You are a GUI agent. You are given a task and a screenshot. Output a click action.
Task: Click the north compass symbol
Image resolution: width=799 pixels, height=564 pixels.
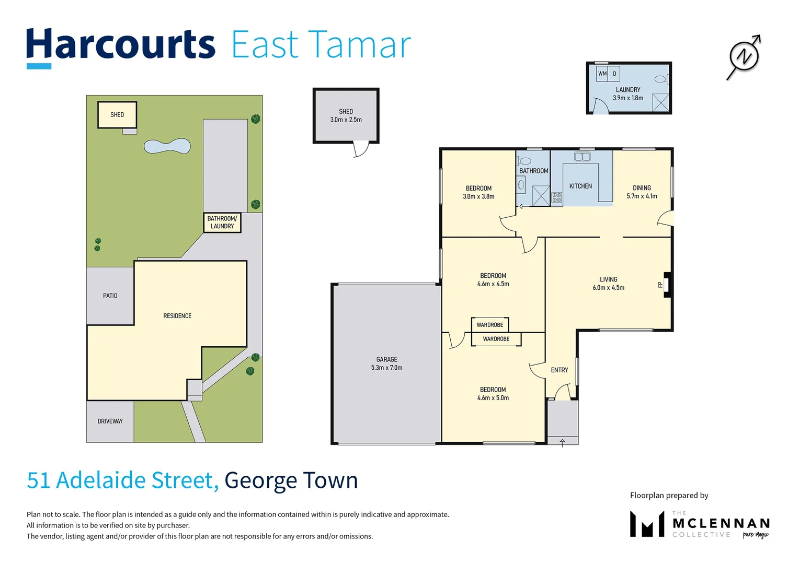point(744,56)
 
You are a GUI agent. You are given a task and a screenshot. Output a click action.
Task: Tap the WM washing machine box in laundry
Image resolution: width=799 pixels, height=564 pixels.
point(602,74)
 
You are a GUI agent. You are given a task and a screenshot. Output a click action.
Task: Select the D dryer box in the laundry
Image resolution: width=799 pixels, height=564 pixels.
point(614,74)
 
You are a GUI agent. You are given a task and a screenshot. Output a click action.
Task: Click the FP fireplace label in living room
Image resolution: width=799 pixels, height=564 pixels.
point(660,285)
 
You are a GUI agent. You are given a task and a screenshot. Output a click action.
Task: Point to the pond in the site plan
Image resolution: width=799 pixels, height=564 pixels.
point(167,146)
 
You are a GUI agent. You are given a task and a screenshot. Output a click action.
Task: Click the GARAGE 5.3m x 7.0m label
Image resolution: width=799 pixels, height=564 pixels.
point(386,363)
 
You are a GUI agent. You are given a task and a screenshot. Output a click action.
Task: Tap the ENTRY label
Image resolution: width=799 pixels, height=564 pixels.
point(559,370)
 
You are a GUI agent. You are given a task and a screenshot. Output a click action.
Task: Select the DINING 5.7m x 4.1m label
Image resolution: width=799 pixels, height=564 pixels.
point(642,192)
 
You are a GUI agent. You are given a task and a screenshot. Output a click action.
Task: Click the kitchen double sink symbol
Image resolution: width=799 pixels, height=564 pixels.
point(582,156)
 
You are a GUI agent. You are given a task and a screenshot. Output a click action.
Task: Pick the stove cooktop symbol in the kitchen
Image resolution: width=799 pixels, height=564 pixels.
point(557,197)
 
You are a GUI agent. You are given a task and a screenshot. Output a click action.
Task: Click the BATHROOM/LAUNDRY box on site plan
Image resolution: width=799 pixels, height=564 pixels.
point(222,222)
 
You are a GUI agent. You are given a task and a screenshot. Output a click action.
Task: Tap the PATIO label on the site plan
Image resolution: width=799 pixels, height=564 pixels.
point(110,296)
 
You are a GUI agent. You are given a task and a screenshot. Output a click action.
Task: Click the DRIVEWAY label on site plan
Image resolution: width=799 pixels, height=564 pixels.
point(110,421)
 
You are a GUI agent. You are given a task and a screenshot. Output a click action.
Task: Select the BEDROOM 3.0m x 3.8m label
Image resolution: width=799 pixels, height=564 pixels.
point(478,192)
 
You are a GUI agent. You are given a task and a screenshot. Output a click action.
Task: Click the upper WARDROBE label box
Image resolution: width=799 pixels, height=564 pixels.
point(489,325)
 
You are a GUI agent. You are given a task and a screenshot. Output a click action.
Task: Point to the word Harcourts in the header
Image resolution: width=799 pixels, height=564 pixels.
point(121,45)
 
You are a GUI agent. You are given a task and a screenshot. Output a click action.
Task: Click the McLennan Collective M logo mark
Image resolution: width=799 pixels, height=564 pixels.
point(647,524)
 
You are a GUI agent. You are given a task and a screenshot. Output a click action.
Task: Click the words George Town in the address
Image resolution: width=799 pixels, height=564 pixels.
point(291,480)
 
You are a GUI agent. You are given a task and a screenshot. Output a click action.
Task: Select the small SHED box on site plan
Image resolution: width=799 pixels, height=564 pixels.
point(117,115)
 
